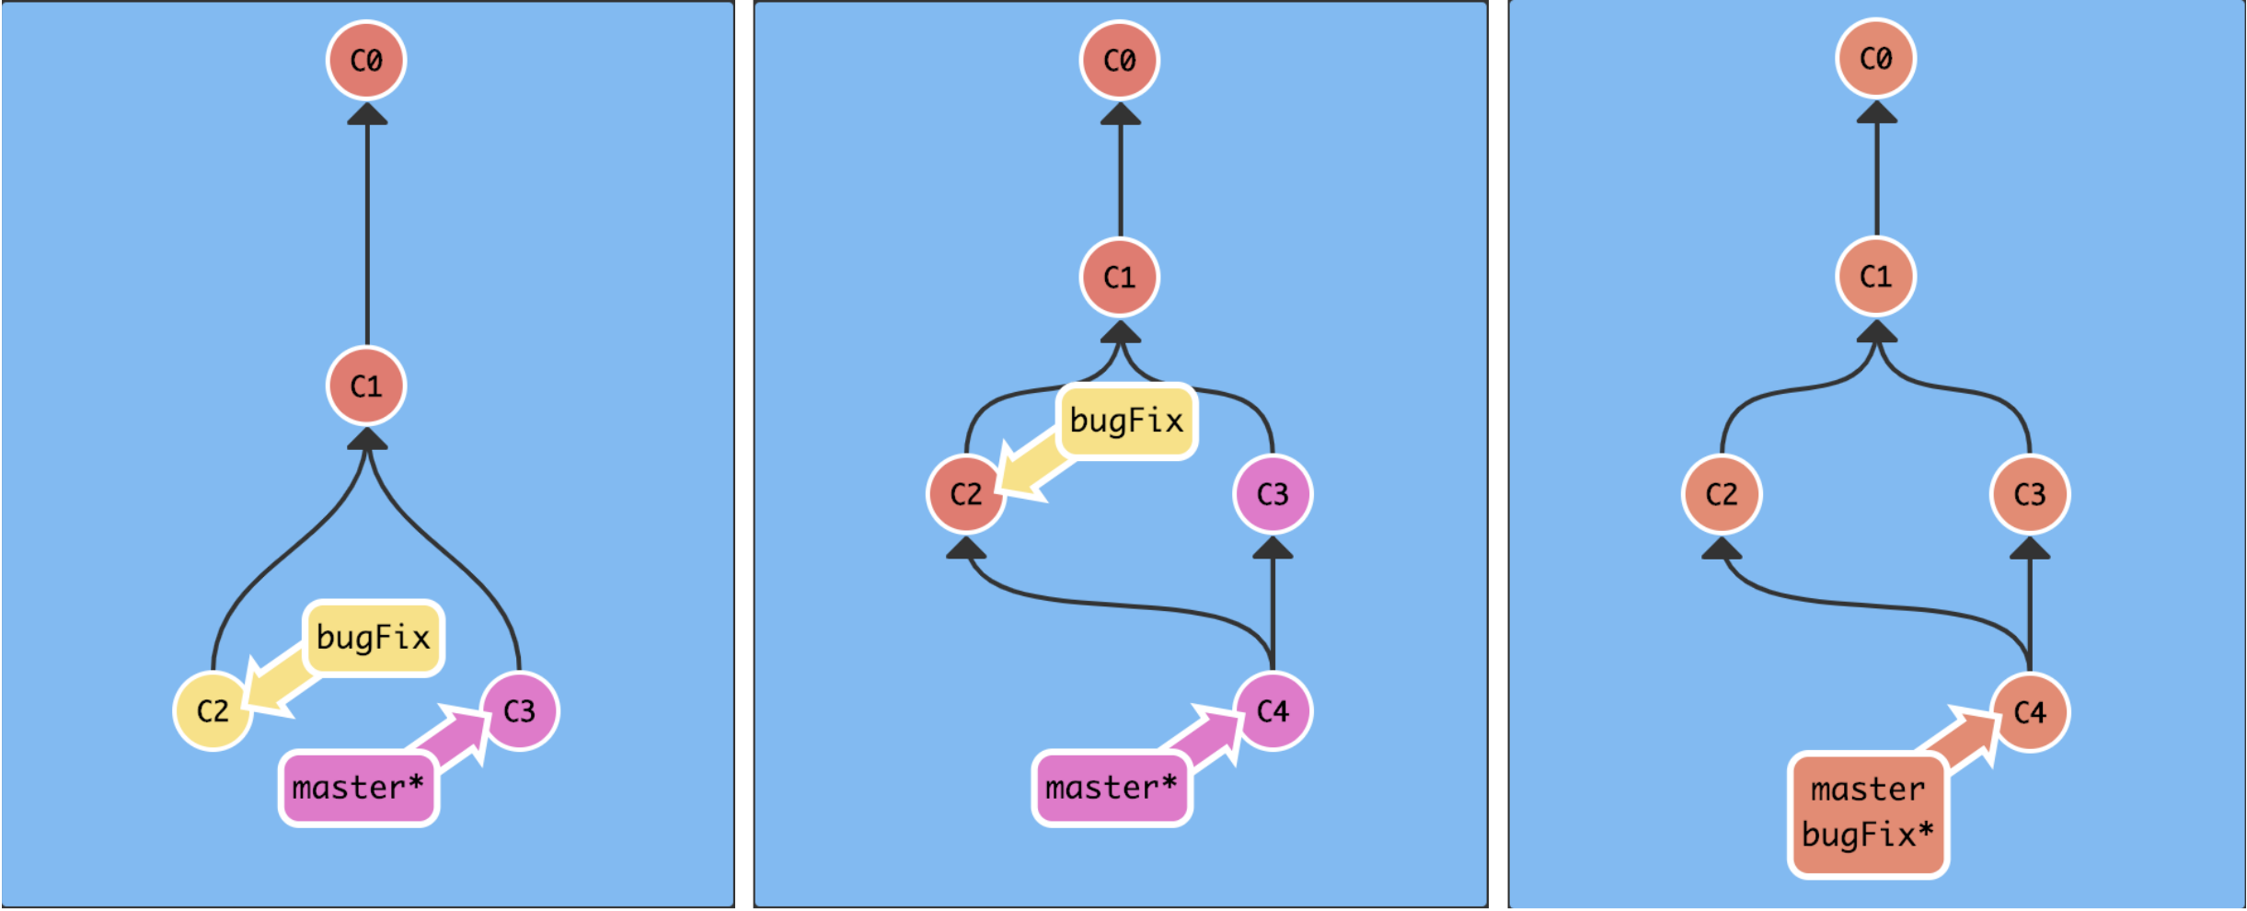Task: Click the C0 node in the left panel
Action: (366, 61)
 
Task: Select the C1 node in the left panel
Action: (366, 386)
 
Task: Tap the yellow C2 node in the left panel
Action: (213, 711)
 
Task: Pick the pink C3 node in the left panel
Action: (520, 711)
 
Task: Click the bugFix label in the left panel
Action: (374, 638)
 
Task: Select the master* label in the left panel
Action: (359, 789)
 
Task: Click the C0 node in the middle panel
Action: (1120, 61)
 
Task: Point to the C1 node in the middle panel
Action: (1120, 277)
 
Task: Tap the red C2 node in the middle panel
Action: (966, 495)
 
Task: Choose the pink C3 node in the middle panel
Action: (1273, 495)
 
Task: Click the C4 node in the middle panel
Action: (1273, 711)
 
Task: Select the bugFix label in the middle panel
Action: (1127, 421)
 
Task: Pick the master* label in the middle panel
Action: (1112, 789)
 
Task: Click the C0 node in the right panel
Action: (1876, 59)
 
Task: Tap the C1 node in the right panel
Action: (1876, 276)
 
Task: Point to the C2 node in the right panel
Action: (1722, 495)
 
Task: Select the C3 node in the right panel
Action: (2030, 495)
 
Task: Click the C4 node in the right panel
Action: (2030, 712)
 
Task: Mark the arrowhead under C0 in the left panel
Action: (367, 114)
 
